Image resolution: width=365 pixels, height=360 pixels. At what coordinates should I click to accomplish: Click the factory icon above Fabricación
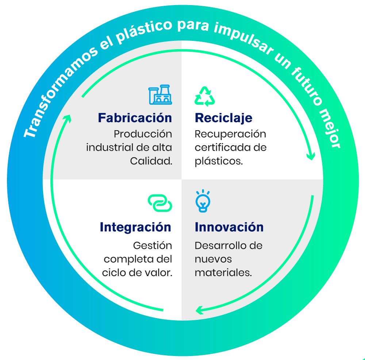point(160,95)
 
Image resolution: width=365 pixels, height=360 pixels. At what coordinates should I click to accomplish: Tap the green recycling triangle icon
point(205,96)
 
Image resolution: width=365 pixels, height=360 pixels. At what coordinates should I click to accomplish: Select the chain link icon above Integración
point(160,203)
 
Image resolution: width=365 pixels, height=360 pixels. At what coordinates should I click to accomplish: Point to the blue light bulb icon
point(203,201)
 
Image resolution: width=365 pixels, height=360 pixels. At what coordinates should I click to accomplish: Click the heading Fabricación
point(135,118)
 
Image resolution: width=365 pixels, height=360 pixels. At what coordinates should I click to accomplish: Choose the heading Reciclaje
point(223,118)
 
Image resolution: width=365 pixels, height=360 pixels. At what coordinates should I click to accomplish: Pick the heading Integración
point(135,227)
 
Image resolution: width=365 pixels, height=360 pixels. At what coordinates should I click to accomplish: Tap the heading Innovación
point(229,227)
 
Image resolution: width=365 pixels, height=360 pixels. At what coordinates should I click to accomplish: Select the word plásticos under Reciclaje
point(218,161)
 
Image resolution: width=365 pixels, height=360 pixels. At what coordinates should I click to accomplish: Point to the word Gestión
point(153,245)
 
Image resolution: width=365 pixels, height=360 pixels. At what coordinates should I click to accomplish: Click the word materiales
point(223,272)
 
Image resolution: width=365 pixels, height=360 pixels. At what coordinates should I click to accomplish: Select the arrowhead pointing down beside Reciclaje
point(311,156)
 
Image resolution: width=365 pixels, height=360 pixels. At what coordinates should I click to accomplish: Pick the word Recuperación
point(230,134)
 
